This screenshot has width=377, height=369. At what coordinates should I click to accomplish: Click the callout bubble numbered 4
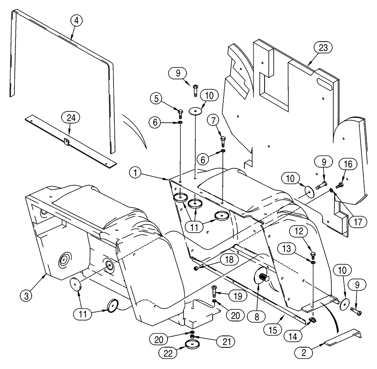tap(77, 21)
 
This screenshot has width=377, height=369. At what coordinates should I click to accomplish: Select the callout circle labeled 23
tap(324, 47)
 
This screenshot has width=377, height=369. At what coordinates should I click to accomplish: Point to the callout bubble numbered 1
tap(135, 174)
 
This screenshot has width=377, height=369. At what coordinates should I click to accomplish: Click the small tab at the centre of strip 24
tap(66, 141)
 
